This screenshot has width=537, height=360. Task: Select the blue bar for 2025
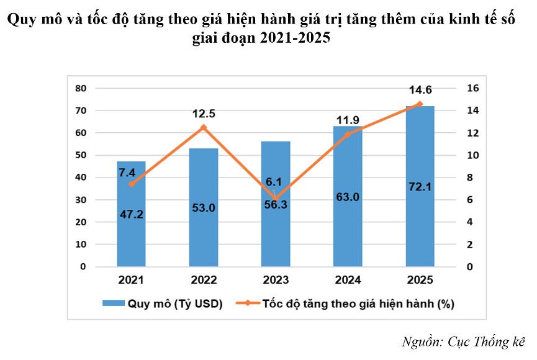pos(420,236)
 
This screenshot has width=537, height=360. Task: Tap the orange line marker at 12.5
pos(204,127)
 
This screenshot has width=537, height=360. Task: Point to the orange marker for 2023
pos(276,199)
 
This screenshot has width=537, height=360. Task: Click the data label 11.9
pos(348,119)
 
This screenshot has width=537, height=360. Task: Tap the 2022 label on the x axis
pos(204,281)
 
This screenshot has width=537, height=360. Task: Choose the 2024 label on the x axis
pos(348,281)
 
